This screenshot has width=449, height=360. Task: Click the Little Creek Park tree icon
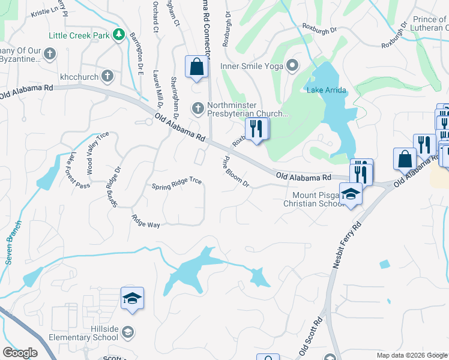pos(119,35)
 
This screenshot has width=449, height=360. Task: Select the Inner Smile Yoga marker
pos(293,65)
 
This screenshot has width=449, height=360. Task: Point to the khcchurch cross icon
pos(107,76)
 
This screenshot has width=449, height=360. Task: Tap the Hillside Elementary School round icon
pos(127,332)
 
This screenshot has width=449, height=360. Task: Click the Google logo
pos(20,353)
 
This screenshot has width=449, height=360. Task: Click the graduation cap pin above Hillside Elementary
pos(131,298)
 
